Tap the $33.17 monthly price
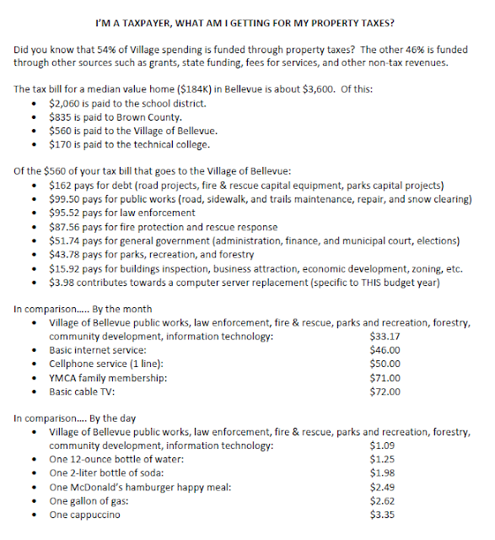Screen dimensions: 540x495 coord(385,337)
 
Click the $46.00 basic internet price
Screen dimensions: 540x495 coord(385,351)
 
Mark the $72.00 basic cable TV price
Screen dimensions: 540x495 coord(385,391)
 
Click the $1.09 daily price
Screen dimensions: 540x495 coord(382,446)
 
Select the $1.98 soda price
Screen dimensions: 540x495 coord(382,473)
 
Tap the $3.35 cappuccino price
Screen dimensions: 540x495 coord(382,514)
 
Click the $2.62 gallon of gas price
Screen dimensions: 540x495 coord(382,500)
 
